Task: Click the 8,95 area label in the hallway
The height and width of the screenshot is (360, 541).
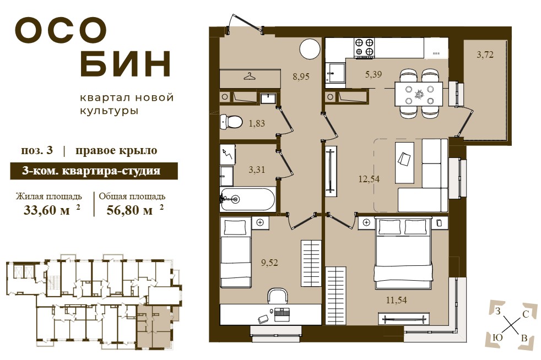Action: (x=301, y=77)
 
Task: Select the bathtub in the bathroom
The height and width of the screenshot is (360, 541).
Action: (x=248, y=199)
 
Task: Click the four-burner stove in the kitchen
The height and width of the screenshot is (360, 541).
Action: (x=364, y=47)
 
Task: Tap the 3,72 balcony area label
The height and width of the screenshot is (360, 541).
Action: (x=485, y=54)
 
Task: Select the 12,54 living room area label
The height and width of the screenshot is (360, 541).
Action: (x=369, y=179)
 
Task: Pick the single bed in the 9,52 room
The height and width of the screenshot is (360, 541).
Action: (x=235, y=253)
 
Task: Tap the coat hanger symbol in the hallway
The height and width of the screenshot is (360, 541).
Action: (x=250, y=76)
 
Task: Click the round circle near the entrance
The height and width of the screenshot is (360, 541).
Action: (x=310, y=50)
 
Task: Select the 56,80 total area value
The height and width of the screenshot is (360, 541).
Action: (x=129, y=210)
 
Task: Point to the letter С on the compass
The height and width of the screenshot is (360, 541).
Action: (x=526, y=314)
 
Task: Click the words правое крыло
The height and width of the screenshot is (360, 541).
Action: (x=116, y=151)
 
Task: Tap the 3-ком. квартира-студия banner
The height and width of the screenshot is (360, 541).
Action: (x=94, y=171)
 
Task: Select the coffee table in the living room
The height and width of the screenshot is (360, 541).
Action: (x=404, y=162)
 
